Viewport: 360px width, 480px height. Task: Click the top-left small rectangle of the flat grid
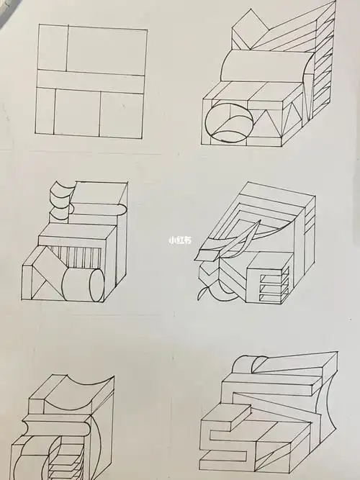(53, 48)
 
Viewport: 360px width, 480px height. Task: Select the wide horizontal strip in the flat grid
(91, 81)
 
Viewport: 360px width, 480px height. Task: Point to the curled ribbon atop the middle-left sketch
(62, 196)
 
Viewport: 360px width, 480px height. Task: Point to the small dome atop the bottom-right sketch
(250, 363)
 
